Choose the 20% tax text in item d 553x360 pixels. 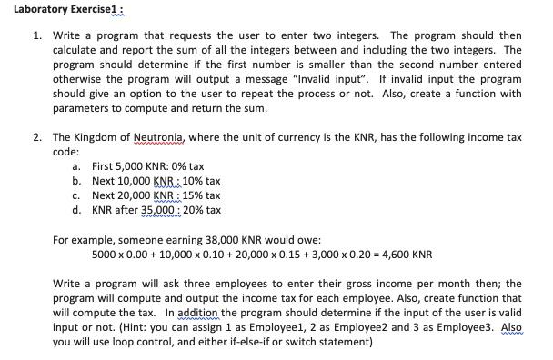pos(202,210)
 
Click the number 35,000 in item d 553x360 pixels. pos(160,210)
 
